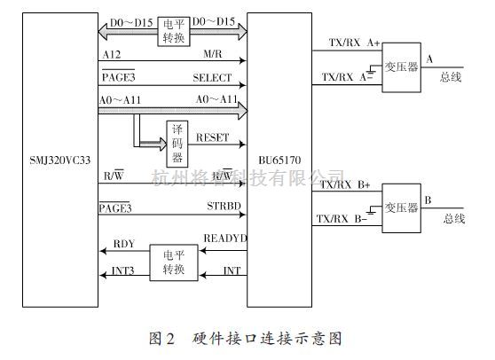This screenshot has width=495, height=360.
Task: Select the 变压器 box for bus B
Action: pos(401,208)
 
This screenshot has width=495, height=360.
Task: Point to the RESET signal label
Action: pos(212,138)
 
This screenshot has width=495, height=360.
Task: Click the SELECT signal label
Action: pos(212,78)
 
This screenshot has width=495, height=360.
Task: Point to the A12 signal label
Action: pos(112,56)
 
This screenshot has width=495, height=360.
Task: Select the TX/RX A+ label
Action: pos(348,43)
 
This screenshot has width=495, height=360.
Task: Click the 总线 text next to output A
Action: pos(452,77)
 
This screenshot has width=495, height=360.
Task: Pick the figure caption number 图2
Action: pos(161,338)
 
